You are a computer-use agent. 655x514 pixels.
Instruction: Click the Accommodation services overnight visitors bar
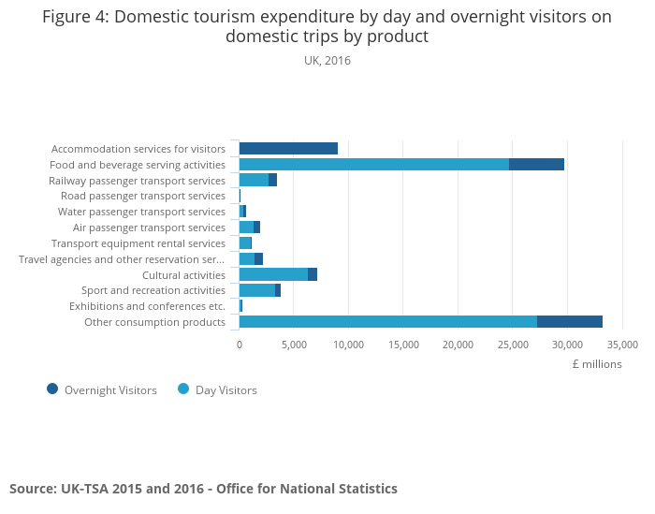coord(288,148)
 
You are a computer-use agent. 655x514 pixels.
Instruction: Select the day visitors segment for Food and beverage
coord(374,164)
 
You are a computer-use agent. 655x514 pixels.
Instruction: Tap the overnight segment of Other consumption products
coord(570,322)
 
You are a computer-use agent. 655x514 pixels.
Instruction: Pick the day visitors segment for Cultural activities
coord(273,274)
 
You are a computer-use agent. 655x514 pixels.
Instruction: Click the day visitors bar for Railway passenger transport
coord(254,180)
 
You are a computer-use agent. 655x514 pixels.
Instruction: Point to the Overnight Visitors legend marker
coord(52,389)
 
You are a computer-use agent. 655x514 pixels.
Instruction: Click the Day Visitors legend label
coord(226,390)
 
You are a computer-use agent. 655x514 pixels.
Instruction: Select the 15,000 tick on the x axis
coord(403,345)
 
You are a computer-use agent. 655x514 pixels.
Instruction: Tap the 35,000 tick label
coord(621,345)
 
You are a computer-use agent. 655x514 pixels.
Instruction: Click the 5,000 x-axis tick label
coord(294,345)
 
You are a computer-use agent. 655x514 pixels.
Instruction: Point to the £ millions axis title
coord(597,364)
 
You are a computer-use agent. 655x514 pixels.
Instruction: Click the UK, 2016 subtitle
coord(327,61)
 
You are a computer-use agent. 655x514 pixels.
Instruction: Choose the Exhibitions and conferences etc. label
coord(147,306)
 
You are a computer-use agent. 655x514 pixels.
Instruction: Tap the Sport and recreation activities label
coord(153,290)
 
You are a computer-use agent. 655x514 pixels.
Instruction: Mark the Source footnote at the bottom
coord(203,489)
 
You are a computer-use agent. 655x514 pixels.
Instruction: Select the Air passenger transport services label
coord(149,228)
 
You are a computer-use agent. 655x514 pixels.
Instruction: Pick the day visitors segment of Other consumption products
coord(388,322)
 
